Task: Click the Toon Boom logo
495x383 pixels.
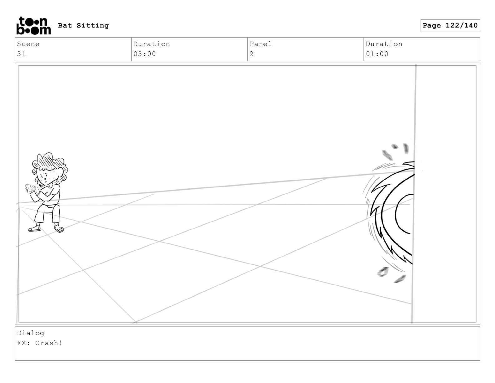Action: pos(34,26)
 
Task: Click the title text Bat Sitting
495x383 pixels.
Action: pos(83,25)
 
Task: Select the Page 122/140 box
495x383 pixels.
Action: pos(450,26)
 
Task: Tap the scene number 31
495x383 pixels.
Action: pos(22,54)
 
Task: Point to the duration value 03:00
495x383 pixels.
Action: pos(145,54)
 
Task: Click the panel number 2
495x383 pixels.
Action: pos(252,54)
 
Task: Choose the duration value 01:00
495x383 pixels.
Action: pos(377,54)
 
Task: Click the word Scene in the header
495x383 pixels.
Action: pos(28,44)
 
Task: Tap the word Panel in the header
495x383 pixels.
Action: pos(261,44)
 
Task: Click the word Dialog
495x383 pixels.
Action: pos(31,333)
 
